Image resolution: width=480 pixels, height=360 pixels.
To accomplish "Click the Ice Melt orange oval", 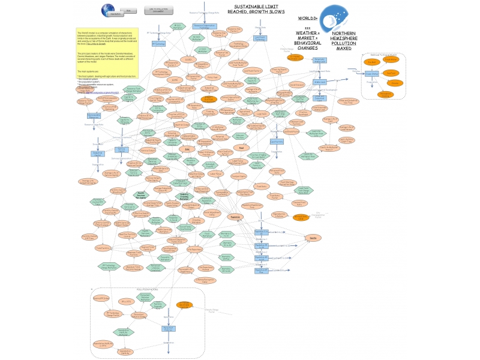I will tap(372, 62).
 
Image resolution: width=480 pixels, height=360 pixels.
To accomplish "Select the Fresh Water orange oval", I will tap(391, 59).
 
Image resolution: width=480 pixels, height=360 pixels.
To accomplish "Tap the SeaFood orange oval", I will tap(391, 73).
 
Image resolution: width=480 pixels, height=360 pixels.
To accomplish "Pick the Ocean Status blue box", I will tap(372, 73).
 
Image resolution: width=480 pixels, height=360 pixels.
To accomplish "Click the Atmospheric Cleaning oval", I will tap(385, 94).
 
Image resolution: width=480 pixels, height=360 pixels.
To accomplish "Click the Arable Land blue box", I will tap(319, 82).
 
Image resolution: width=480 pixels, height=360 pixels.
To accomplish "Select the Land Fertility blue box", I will tap(277, 142).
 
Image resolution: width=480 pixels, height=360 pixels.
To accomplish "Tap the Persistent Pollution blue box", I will tap(169, 328).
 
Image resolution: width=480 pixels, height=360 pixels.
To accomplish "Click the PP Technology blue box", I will tap(158, 44).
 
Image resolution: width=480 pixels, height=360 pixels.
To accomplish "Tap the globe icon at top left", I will tap(110, 10).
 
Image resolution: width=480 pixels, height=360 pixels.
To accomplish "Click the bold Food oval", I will tap(241, 147).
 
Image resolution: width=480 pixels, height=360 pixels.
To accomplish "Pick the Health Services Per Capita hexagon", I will tap(141, 195).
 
